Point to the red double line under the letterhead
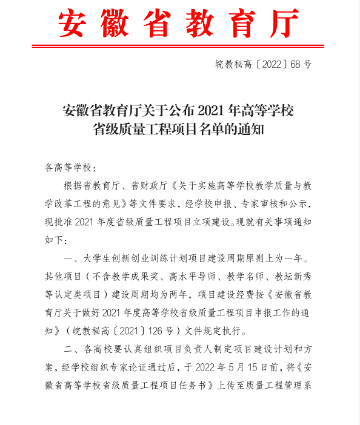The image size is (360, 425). tap(180, 44)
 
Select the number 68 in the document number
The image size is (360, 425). tap(295, 64)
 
